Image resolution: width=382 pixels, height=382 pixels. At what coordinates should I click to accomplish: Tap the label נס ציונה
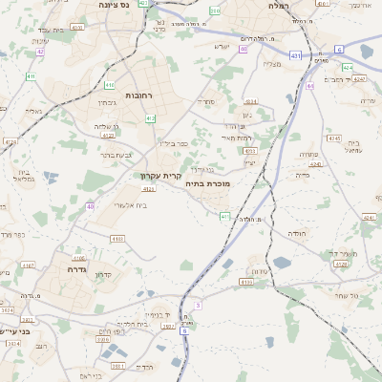[x=115, y=5]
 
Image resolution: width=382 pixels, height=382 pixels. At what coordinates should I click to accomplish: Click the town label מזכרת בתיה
[x=205, y=182]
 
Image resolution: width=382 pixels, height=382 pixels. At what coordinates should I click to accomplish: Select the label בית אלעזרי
[x=130, y=205]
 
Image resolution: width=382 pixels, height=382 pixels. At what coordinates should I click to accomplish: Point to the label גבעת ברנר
[x=121, y=154]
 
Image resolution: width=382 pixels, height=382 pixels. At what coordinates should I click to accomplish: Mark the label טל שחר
[x=347, y=296]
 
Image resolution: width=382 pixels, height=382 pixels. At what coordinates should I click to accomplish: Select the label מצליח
[x=271, y=64]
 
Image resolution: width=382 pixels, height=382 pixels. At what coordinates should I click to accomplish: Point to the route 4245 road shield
[x=334, y=138]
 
